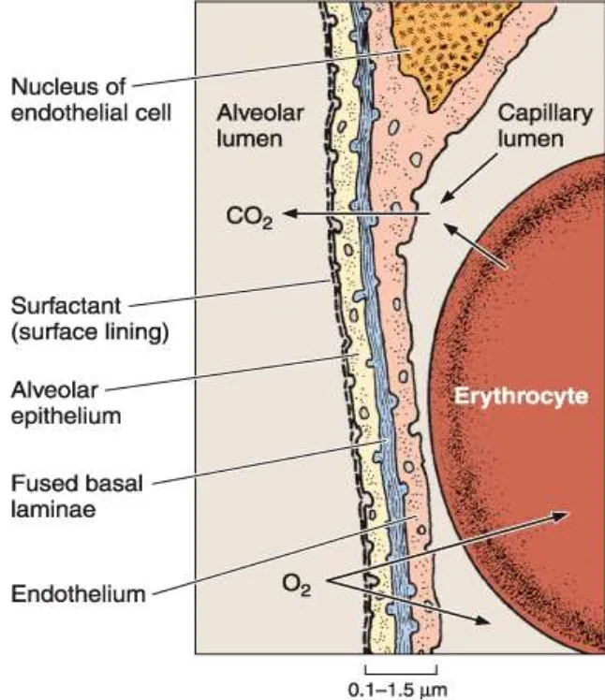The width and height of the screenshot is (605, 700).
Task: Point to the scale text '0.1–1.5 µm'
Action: (x=401, y=691)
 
